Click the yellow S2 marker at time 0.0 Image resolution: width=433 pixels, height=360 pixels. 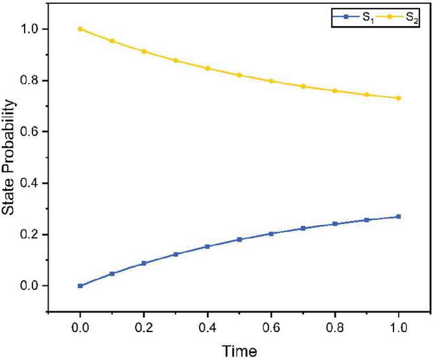[80, 29]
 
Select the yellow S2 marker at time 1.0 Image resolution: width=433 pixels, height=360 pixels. [399, 98]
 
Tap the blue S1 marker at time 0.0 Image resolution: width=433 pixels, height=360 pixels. [80, 285]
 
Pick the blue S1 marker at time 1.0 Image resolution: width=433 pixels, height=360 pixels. [399, 217]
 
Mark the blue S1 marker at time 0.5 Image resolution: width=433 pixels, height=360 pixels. [239, 239]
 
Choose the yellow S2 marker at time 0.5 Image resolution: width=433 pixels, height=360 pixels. [239, 75]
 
